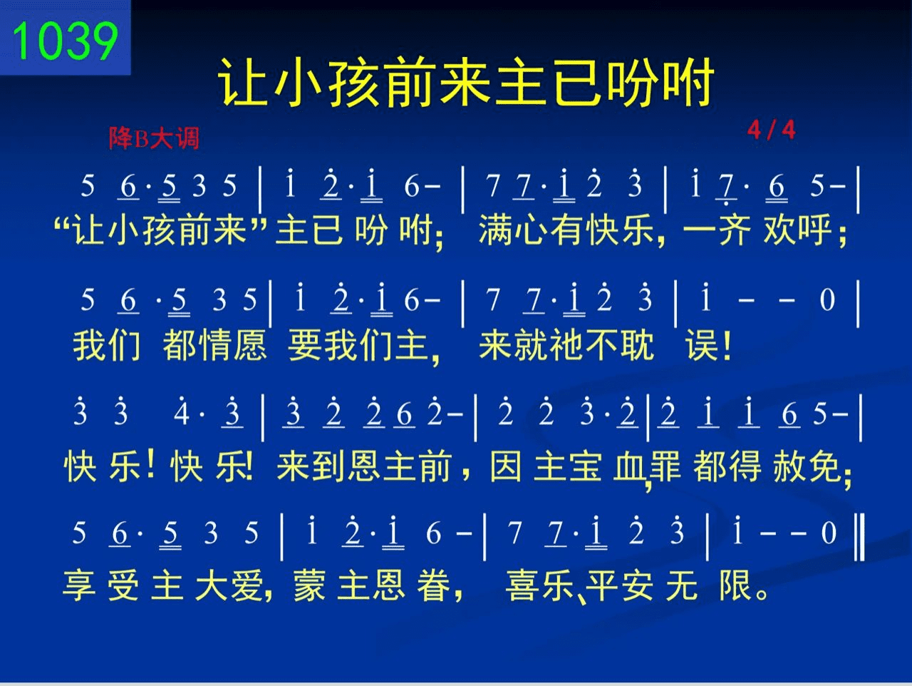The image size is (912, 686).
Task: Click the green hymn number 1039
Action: coord(66,41)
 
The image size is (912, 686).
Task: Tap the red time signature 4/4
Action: coord(771,130)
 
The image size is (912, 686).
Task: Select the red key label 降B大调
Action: coord(154,138)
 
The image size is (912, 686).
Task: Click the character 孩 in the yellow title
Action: coord(356,82)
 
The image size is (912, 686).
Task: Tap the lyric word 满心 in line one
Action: coord(514,230)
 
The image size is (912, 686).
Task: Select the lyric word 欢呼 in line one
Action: coord(797,230)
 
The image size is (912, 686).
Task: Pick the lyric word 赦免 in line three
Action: coord(806,466)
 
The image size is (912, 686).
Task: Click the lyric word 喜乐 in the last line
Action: coord(540,585)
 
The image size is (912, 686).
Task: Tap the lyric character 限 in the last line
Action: coord(736,585)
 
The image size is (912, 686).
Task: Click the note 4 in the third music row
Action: coord(181,414)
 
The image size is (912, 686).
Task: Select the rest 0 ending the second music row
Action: coord(826,300)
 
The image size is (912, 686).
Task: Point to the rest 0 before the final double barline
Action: coord(829,532)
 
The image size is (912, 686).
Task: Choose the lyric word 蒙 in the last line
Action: coord(309,585)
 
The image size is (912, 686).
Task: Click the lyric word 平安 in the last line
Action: coord(619,585)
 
